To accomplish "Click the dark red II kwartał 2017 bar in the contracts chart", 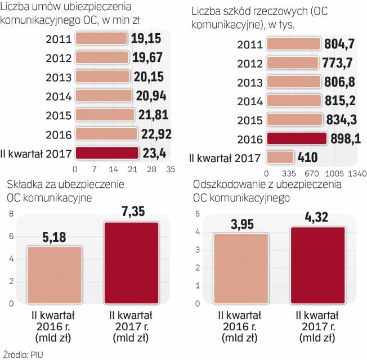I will (106, 152).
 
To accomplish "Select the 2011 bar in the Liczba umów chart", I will (101, 39).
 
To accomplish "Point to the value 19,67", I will (146, 58).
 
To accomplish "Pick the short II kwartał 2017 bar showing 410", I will (280, 157).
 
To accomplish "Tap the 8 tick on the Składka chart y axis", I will (10, 214).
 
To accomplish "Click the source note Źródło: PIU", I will (23, 354).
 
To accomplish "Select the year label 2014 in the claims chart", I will (249, 101).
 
